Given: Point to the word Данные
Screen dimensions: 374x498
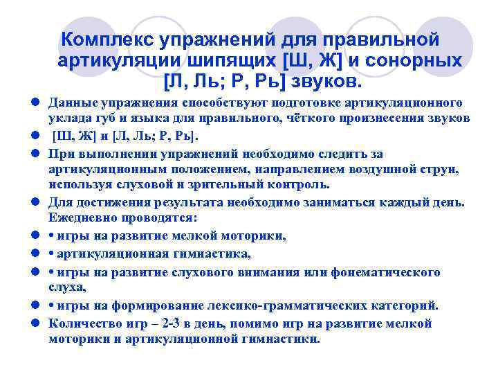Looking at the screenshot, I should (x=71, y=103).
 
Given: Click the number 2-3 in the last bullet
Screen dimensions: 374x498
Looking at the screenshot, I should (x=173, y=323).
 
